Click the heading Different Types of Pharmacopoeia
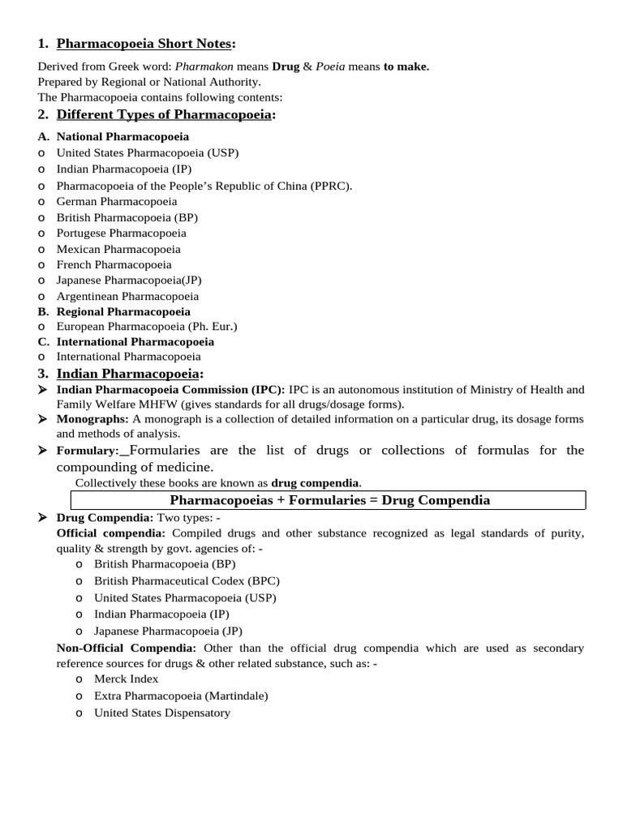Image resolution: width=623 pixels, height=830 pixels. click(164, 114)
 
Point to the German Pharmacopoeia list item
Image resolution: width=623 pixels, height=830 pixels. click(117, 201)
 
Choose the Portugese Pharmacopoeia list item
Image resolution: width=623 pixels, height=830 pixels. click(121, 233)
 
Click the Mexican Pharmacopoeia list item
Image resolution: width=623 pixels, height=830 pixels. click(118, 249)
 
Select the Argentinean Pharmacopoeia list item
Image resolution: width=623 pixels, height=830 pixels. click(127, 297)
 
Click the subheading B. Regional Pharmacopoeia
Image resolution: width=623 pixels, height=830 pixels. click(123, 311)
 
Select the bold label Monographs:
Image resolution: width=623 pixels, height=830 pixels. click(92, 419)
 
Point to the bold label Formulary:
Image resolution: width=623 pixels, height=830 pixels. click(88, 451)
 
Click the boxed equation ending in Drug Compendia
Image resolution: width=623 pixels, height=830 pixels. click(329, 500)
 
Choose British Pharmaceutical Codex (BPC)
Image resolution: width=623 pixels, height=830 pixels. click(187, 580)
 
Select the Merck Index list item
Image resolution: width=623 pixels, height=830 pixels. click(127, 678)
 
